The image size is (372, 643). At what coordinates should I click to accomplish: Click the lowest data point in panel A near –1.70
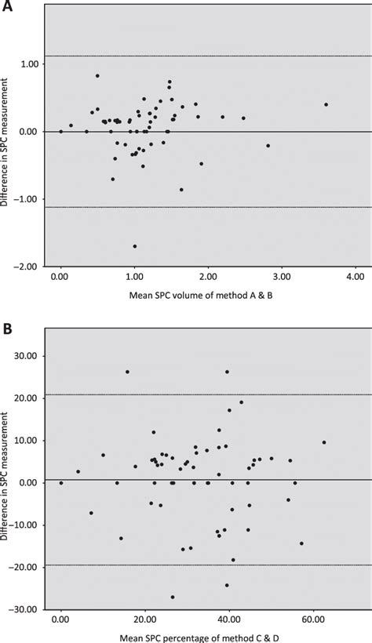[x=135, y=246]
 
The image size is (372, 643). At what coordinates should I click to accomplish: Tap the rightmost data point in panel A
[x=326, y=104]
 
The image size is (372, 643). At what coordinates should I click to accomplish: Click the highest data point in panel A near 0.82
[x=97, y=76]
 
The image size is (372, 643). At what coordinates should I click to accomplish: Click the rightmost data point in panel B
[x=324, y=442]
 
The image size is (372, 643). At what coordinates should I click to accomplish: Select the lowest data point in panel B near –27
[x=173, y=597]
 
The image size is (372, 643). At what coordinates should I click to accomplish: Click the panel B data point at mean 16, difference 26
[x=127, y=372]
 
